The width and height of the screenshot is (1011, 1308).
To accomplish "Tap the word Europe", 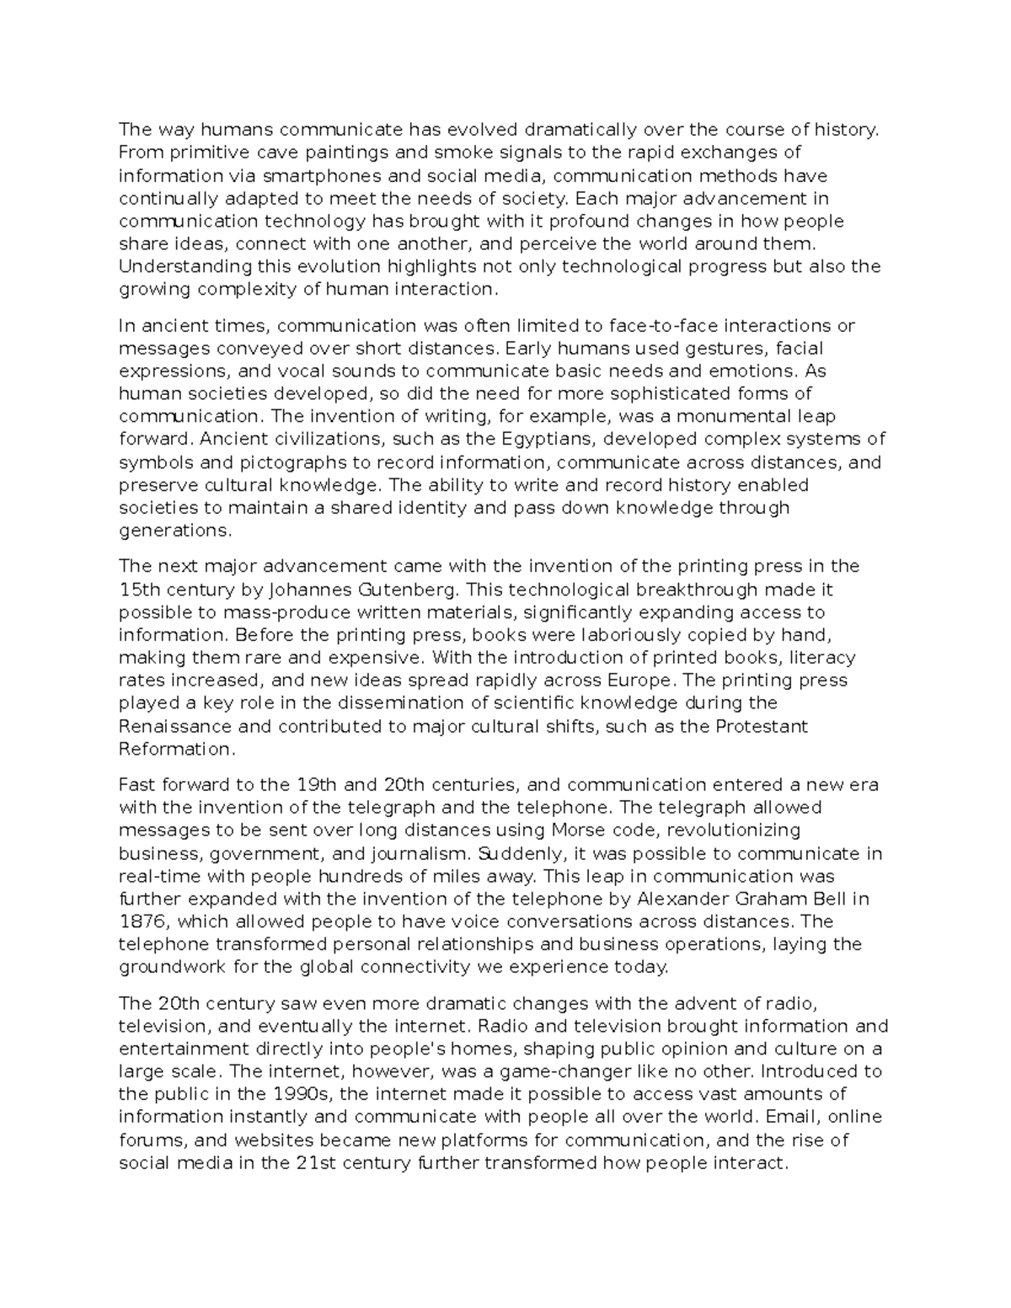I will [x=642, y=681].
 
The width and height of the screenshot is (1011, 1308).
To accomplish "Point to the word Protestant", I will [x=762, y=726].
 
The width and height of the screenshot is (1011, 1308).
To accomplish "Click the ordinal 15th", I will [x=139, y=590].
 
